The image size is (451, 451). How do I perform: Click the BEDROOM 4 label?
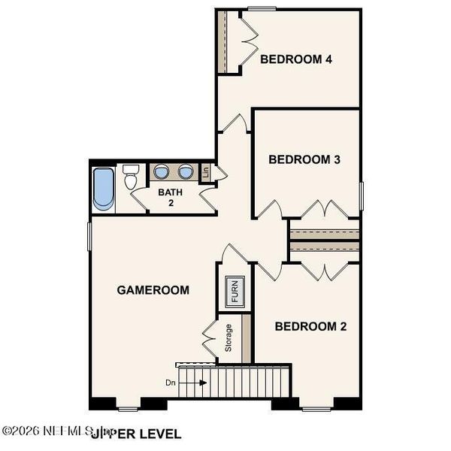click(x=296, y=59)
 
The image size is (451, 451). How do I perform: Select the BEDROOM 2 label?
click(x=310, y=326)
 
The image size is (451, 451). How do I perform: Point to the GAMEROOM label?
click(x=153, y=289)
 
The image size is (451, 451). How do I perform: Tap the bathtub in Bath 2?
click(x=103, y=189)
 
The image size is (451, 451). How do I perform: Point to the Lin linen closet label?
click(x=206, y=172)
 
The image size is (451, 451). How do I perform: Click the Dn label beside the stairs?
click(x=172, y=383)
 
